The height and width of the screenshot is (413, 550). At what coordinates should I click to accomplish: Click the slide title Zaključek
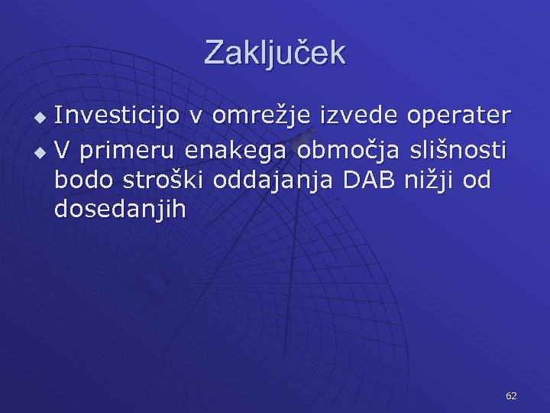click(x=275, y=53)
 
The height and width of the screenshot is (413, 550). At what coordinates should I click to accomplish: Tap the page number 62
click(x=511, y=395)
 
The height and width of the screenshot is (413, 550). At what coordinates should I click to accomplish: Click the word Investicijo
click(x=118, y=115)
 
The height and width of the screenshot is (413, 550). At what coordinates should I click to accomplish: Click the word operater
click(x=459, y=117)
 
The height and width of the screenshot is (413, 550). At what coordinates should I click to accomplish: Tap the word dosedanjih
click(x=120, y=210)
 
